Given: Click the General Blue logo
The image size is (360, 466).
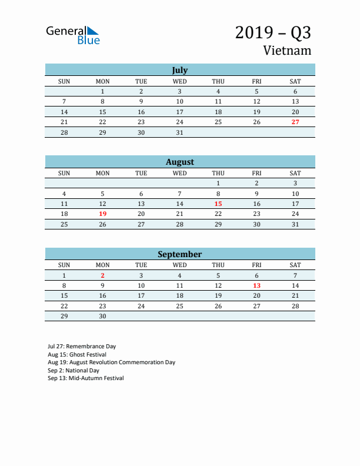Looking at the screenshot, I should tap(73, 35).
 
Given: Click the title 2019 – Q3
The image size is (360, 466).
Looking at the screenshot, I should tap(273, 32).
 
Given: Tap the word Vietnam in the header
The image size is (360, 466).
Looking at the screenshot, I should tap(288, 51).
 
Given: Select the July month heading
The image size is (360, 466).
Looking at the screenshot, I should tap(179, 70).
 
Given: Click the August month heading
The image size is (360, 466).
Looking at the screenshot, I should tap(179, 162).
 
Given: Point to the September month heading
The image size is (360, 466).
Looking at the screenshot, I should tap(179, 254).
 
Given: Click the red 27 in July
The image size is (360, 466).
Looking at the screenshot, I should tap(295, 122).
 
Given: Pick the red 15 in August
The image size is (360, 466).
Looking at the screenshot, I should tap(218, 204).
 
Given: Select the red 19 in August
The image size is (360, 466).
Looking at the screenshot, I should tap(102, 214).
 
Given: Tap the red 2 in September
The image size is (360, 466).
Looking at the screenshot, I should tap(102, 275).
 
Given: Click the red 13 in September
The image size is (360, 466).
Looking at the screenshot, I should tap(256, 285).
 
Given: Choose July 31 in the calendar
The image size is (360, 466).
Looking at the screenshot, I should tap(179, 132).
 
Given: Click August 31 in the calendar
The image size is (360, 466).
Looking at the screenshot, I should tap(295, 224).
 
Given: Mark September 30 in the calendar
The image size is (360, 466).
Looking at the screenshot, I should tap(102, 316).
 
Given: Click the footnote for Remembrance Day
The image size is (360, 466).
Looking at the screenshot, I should tap(82, 347).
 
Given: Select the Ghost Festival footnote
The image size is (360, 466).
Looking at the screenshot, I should tap(77, 355).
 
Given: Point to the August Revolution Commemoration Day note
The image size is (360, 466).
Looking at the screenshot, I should tap(111, 362).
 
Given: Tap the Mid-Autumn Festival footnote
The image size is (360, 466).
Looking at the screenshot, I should tap(85, 378).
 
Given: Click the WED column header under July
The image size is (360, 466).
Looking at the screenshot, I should tap(179, 81).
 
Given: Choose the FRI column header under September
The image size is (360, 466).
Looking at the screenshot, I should tap(256, 265).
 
